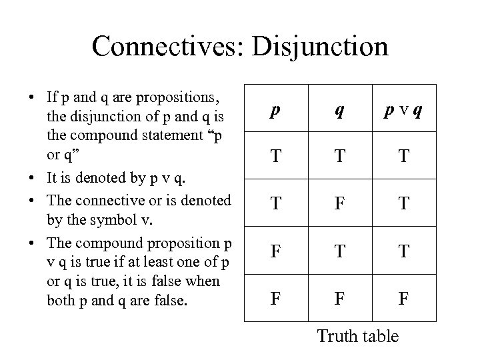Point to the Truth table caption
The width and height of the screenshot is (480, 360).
[358, 335]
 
